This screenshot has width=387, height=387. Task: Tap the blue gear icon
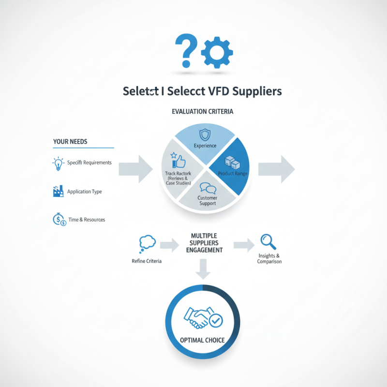coord(217,51)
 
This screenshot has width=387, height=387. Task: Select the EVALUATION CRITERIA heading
coord(202,112)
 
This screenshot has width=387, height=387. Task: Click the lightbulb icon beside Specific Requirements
coord(58,163)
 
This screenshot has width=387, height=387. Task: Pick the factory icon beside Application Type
coord(58,192)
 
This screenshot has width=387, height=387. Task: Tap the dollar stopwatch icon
coord(58,220)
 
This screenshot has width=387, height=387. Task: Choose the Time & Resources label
coord(87,220)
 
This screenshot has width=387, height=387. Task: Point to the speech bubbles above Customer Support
coord(208,188)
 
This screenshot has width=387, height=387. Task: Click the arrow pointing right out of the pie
coord(276,169)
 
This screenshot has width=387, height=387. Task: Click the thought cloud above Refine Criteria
coord(146,243)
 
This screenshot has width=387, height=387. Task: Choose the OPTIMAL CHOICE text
coord(202,340)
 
